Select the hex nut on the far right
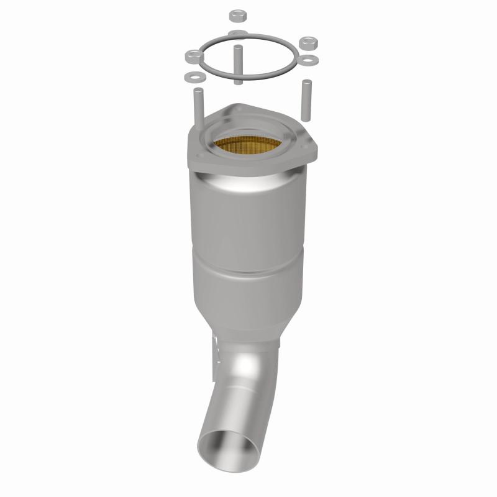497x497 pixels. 309,43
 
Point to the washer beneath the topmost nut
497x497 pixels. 237,32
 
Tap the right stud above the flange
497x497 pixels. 305,99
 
